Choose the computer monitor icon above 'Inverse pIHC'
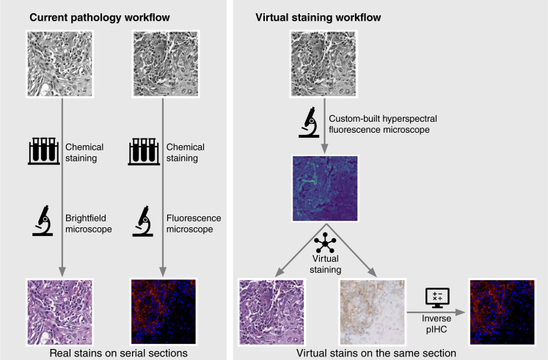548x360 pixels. point(437,296)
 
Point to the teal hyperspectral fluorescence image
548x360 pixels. point(325,186)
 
